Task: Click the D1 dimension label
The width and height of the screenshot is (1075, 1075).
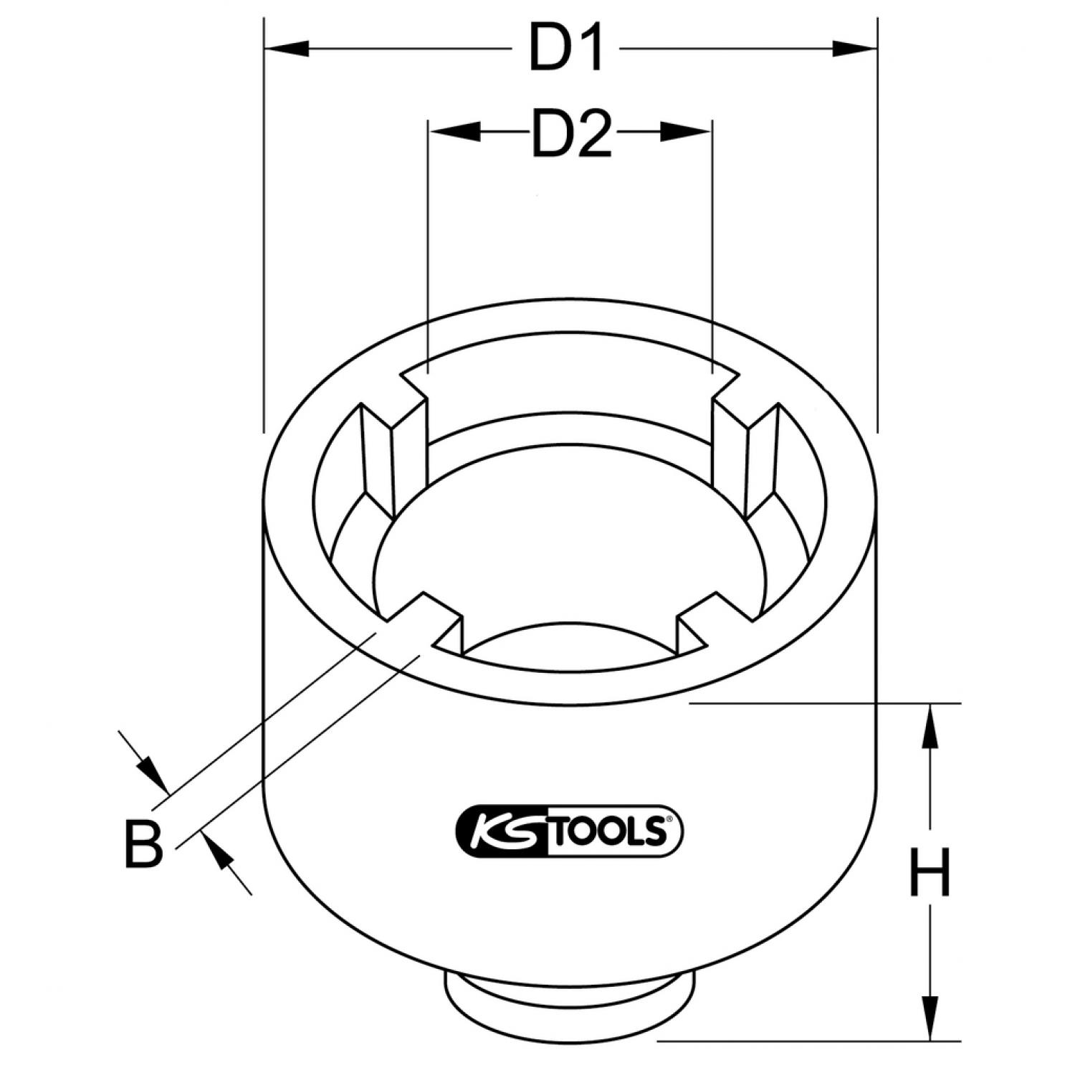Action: [x=565, y=49]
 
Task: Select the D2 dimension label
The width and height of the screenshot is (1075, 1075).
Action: [x=571, y=133]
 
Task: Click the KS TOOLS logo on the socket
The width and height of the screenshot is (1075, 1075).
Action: [x=570, y=830]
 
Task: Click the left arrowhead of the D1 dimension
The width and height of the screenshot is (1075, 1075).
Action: [x=287, y=49]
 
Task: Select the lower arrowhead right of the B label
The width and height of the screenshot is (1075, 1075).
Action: [x=221, y=857]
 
